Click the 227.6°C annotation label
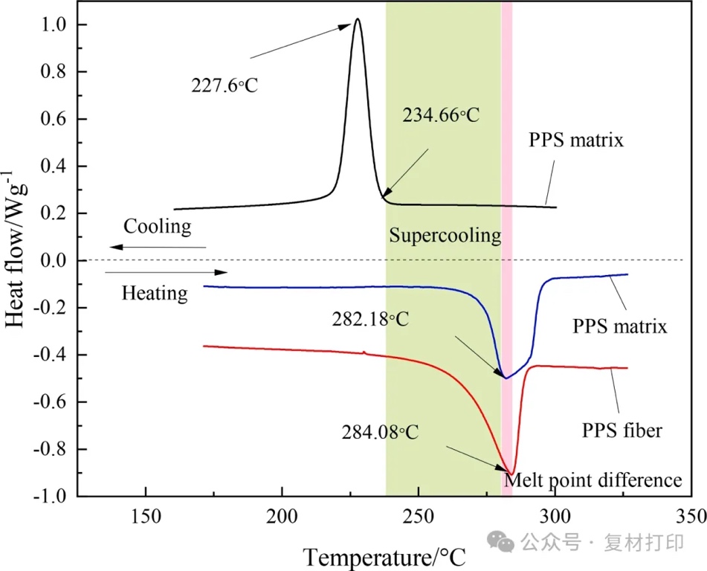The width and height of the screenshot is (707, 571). tap(225, 86)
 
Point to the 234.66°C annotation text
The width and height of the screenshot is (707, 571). tap(441, 115)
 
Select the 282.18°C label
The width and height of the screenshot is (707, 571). tap(370, 320)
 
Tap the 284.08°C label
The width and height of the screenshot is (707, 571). tap(381, 431)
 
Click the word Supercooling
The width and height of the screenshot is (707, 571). tap(445, 236)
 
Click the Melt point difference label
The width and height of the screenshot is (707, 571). tap(593, 480)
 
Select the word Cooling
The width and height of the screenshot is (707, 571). tap(157, 226)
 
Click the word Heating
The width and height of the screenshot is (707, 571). tap(155, 293)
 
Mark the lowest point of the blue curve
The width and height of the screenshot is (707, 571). tap(506, 378)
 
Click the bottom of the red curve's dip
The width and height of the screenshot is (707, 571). tap(511, 473)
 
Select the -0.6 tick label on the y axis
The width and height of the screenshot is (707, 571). tap(49, 402)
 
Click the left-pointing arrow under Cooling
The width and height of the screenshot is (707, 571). tap(156, 247)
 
